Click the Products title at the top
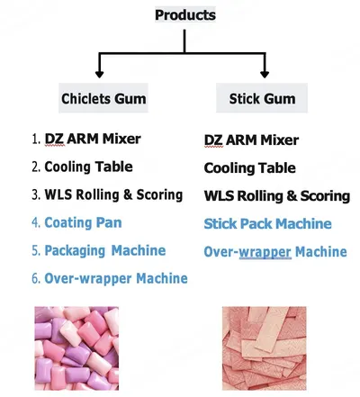click(185, 15)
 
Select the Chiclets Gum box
click(103, 98)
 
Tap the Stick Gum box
click(262, 98)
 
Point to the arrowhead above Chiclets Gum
click(99, 74)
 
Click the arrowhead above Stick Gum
click(265, 74)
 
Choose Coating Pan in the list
click(83, 222)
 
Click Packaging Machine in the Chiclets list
click(105, 251)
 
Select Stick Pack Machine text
click(267, 224)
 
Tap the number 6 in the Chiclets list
click(36, 279)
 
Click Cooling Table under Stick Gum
click(249, 168)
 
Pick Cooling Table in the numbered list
click(88, 167)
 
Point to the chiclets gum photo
click(76, 348)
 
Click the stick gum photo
click(265, 348)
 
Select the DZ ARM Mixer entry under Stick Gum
click(251, 140)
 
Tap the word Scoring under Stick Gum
click(325, 196)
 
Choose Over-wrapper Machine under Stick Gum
click(275, 252)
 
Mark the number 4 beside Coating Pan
click(36, 223)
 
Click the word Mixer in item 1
click(121, 139)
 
